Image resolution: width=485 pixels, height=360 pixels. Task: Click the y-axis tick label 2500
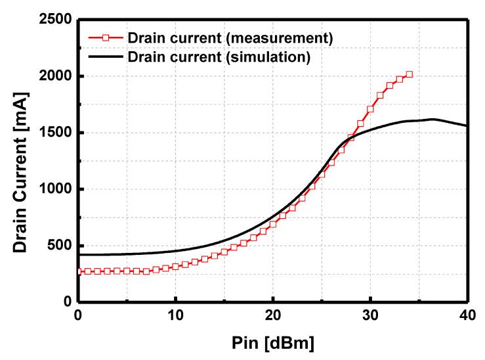point(54,20)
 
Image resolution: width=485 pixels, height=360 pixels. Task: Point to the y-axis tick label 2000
point(54,76)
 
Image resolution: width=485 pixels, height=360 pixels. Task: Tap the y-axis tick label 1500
point(54,133)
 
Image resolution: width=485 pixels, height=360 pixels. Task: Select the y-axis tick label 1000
point(54,189)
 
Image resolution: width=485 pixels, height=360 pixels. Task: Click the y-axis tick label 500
point(59,246)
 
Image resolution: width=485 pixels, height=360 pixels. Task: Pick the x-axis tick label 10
point(176,315)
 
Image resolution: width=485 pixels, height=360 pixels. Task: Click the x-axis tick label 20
point(273,315)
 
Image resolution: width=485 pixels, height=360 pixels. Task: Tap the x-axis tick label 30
point(370,315)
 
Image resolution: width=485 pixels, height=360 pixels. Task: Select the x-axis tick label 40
point(467,315)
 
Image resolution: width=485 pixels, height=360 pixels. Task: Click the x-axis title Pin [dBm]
point(272,343)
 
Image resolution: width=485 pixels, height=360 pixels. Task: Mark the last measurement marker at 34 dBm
point(409,74)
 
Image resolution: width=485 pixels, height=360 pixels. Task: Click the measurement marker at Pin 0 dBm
point(79,271)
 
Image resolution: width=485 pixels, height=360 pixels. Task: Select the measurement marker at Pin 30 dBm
point(370,109)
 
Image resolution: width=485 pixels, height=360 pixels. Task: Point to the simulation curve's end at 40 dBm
point(467,126)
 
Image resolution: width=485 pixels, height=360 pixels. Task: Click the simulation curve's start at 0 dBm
point(79,254)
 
